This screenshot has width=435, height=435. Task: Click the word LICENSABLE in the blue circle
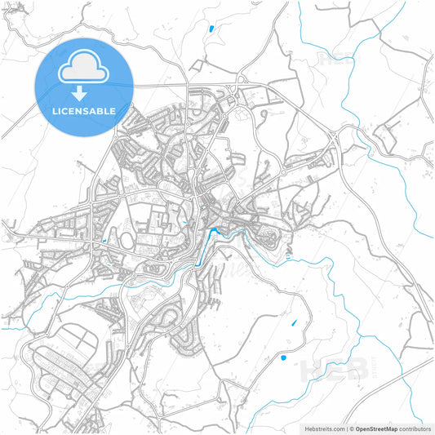pyautogui.click(x=83, y=110)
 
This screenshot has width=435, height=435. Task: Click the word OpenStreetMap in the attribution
pyautogui.click(x=375, y=428)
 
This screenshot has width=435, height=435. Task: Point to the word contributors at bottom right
pyautogui.click(x=415, y=428)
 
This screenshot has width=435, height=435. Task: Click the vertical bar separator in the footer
pyautogui.click(x=345, y=428)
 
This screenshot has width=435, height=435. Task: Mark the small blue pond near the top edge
pyautogui.click(x=211, y=29)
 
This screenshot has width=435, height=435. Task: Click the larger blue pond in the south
pyautogui.click(x=283, y=357)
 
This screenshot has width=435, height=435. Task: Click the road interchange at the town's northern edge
pyautogui.click(x=242, y=81)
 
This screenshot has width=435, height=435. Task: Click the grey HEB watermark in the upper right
pyautogui.click(x=336, y=59)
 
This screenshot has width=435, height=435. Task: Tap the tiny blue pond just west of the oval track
pyautogui.click(x=106, y=242)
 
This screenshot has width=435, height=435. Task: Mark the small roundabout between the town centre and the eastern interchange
pyautogui.click(x=284, y=173)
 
